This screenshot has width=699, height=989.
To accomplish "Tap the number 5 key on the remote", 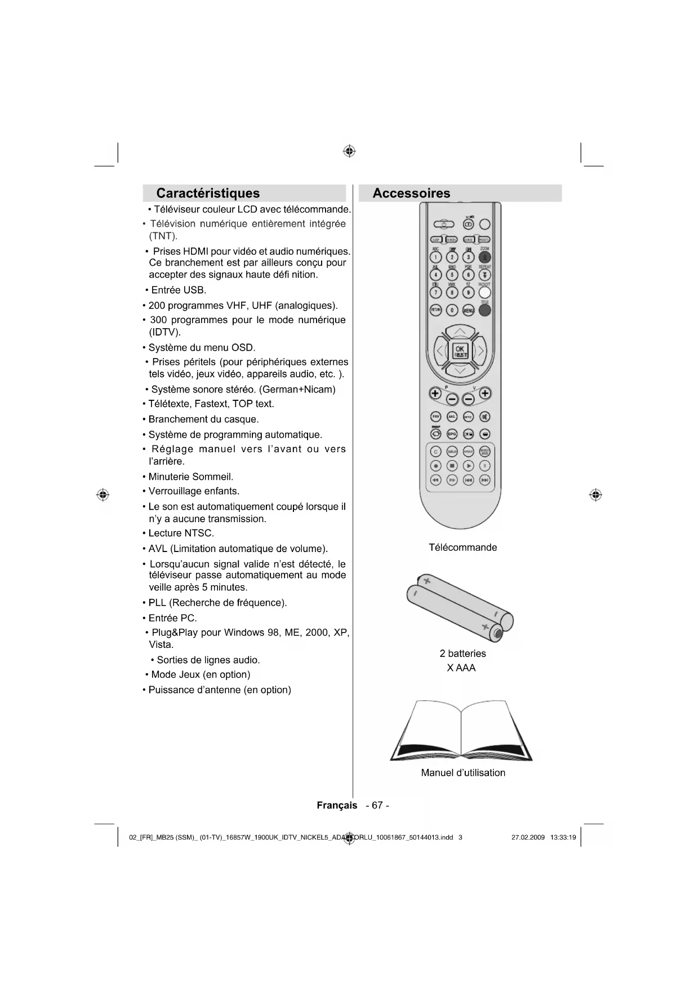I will [x=452, y=275].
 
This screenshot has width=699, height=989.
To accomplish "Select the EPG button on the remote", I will [x=452, y=434].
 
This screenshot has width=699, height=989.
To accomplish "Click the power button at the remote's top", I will [x=444, y=224].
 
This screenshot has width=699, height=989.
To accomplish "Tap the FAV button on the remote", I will [x=435, y=417].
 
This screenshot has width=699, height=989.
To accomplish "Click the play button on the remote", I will [x=468, y=466].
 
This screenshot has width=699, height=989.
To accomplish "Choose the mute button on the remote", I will [x=484, y=417].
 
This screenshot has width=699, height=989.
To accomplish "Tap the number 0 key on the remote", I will [x=452, y=310].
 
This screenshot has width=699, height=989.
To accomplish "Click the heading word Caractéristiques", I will [x=208, y=193].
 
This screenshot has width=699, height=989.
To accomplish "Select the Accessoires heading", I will [x=411, y=193].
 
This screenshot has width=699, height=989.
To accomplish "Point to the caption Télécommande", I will [x=462, y=548].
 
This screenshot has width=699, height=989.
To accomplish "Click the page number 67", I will [x=377, y=805].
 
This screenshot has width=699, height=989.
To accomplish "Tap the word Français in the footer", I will [x=337, y=805].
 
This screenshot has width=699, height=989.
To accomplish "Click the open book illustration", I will [x=461, y=731].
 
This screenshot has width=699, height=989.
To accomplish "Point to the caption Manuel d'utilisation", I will [x=463, y=773].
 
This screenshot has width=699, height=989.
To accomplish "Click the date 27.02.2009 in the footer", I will [x=528, y=837].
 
